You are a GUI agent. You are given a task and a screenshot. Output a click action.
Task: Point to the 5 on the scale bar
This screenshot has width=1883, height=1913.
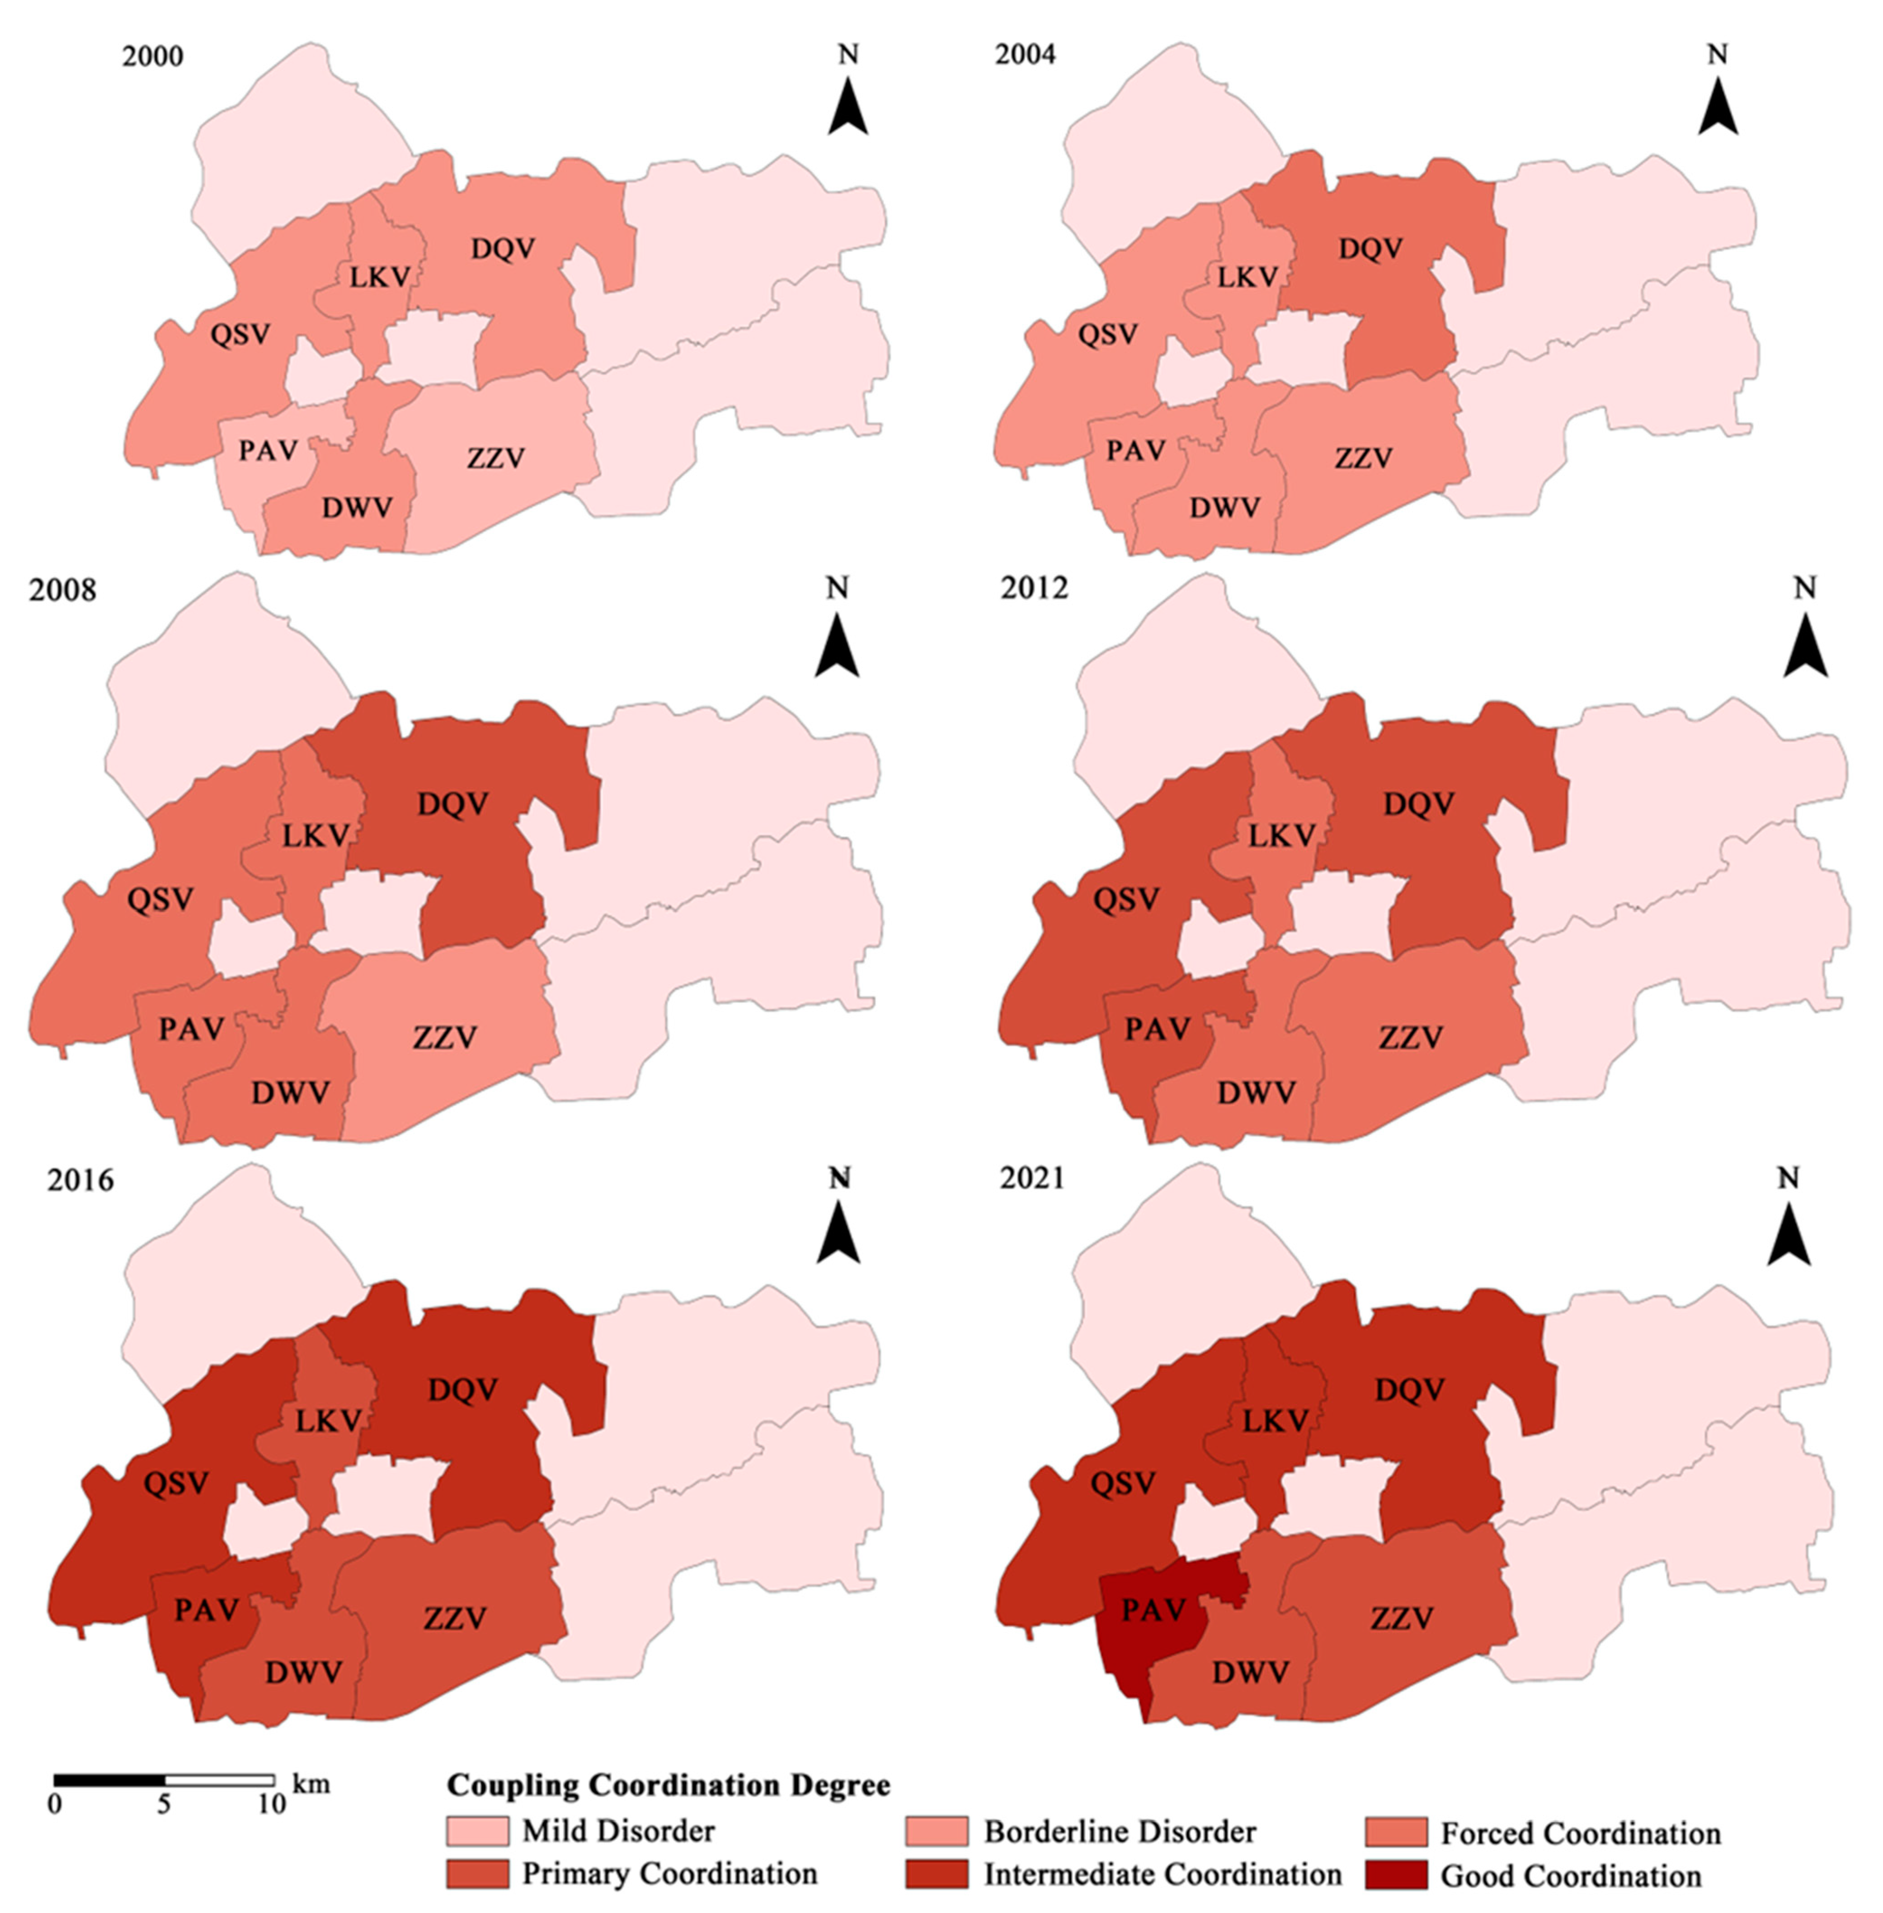(x=164, y=1803)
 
